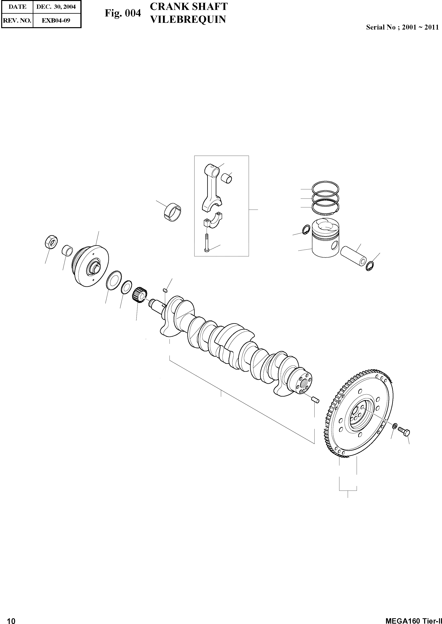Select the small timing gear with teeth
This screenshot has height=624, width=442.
141,295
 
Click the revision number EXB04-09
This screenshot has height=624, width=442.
56,20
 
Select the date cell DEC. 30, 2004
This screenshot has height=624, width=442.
56,7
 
